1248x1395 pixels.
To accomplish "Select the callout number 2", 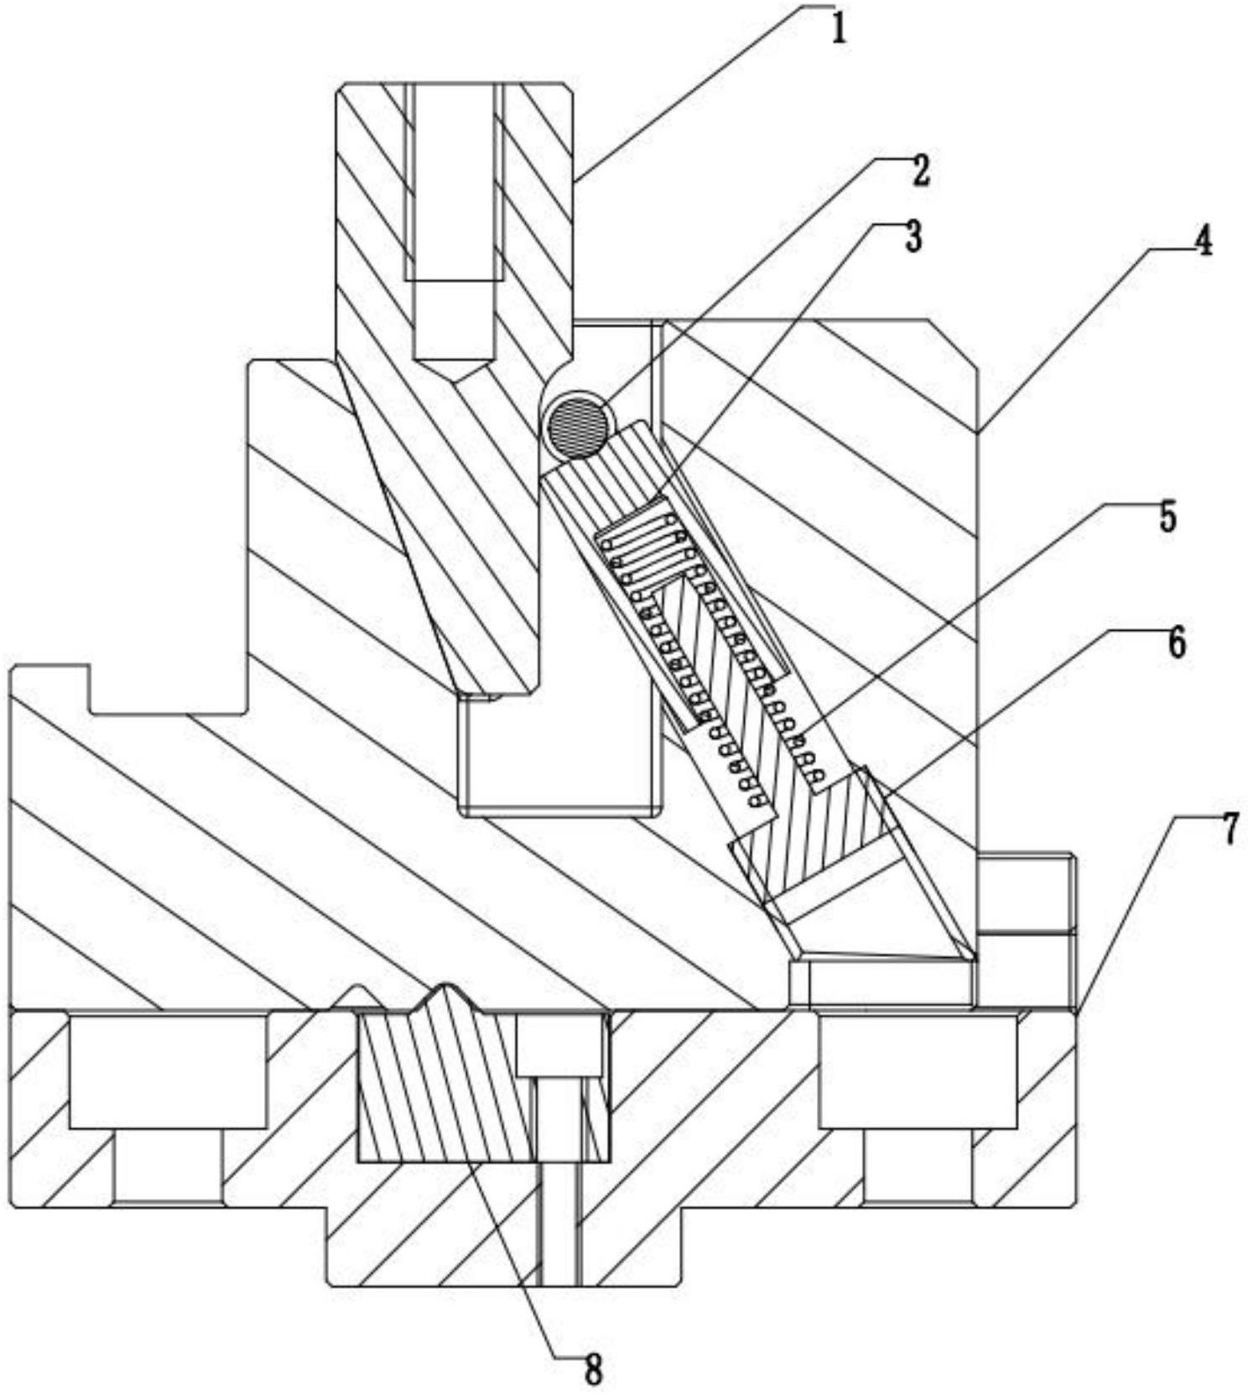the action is [920, 171].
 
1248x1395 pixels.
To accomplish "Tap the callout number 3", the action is [912, 237].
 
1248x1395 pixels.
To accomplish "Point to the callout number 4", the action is [1202, 242].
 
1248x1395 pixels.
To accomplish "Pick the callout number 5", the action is [1167, 517].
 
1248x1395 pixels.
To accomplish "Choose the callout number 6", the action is [1177, 644].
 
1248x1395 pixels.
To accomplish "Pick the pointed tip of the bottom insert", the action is [450, 985].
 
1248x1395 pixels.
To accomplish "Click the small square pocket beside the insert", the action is [559, 1045].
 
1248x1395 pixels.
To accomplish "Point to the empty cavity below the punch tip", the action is [560, 755].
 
